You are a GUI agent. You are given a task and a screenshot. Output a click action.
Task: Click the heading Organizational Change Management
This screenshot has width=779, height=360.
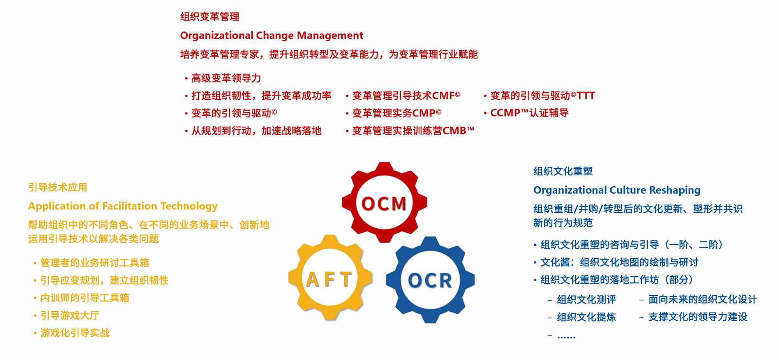click(x=271, y=35)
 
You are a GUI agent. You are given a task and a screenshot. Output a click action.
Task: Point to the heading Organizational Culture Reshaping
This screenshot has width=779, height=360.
click(x=617, y=190)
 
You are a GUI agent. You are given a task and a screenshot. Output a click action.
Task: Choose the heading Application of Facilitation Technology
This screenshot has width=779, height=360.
click(x=123, y=206)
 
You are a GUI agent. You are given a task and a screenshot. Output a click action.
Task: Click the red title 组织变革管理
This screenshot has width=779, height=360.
click(x=210, y=17)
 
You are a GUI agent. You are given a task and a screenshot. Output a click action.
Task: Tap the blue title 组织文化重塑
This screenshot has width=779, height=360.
click(x=563, y=171)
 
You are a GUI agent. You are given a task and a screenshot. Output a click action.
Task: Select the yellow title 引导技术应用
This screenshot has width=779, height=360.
click(x=58, y=187)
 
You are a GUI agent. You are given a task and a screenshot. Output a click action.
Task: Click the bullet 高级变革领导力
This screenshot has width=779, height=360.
click(x=226, y=78)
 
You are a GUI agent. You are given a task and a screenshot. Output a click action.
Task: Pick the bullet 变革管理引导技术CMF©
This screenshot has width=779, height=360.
click(x=406, y=96)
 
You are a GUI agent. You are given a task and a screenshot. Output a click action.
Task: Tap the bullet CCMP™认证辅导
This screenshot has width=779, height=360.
click(x=529, y=113)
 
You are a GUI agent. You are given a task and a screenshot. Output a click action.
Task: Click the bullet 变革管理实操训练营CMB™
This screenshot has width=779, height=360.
click(x=413, y=131)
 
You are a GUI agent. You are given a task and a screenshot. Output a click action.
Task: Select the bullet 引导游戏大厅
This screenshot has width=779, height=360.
click(x=70, y=316)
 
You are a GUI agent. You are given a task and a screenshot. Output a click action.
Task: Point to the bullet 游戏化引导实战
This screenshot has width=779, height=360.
click(x=75, y=333)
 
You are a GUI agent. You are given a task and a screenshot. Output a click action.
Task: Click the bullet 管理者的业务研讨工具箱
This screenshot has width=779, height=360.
click(x=95, y=263)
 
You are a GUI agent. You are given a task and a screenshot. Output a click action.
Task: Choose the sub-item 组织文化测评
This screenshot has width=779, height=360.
click(x=587, y=300)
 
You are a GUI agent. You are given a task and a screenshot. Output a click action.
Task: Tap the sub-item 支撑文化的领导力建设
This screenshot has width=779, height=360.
click(x=698, y=317)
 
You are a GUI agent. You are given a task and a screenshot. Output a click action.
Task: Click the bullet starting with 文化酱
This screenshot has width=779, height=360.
click(x=619, y=262)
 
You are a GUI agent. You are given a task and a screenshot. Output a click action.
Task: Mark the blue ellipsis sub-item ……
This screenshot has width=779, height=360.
click(x=566, y=336)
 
